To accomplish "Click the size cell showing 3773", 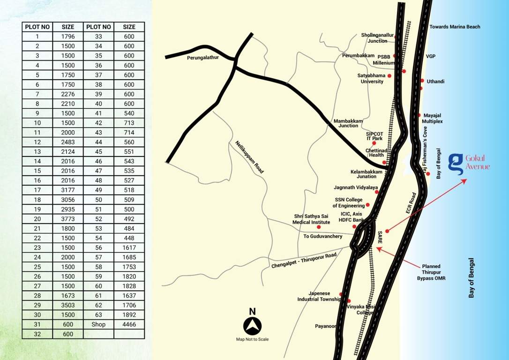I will click(68, 219).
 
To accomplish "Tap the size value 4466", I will click(129, 324).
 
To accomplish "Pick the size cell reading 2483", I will click(68, 142).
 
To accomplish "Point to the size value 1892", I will click(129, 315).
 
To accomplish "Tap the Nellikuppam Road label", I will click(250, 157).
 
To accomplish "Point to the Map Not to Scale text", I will click(252, 339).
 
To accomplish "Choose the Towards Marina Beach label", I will click(455, 27).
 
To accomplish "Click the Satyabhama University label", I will click(372, 78).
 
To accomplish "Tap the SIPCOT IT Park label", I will click(374, 136).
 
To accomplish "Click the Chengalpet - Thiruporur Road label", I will click(304, 261).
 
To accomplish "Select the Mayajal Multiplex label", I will click(433, 118).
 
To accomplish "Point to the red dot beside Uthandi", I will click(422, 81).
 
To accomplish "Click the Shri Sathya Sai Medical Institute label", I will click(312, 219).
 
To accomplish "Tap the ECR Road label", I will click(412, 204).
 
